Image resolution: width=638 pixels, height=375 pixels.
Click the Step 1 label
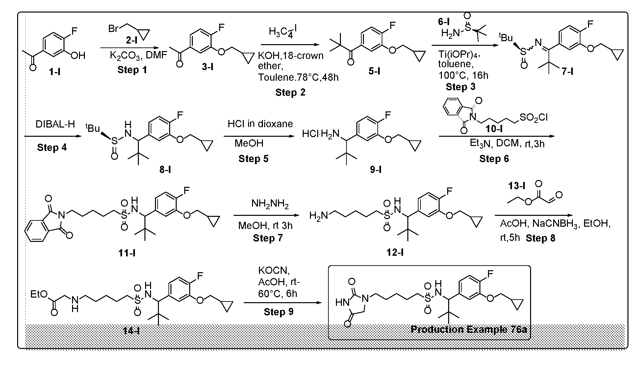(x=132, y=70)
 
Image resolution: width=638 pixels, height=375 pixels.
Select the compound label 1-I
(x=54, y=71)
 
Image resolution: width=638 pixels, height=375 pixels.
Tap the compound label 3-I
(x=207, y=67)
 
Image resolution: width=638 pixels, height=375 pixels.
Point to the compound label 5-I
(x=374, y=71)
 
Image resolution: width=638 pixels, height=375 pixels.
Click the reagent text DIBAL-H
(x=55, y=124)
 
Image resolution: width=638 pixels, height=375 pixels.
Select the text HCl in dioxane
(x=260, y=124)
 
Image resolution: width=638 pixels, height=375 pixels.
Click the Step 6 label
(x=494, y=159)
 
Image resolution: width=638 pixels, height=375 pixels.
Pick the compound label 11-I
(x=127, y=253)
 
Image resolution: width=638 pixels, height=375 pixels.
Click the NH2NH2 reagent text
(x=270, y=204)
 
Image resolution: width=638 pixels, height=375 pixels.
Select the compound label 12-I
(x=395, y=252)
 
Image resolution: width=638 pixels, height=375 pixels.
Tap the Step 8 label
(x=540, y=238)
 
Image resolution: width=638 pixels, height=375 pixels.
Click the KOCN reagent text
(x=274, y=271)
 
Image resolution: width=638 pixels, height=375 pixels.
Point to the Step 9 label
(x=278, y=312)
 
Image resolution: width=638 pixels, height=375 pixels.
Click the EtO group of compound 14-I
(x=39, y=294)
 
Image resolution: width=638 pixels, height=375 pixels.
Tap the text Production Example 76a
(x=469, y=329)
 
